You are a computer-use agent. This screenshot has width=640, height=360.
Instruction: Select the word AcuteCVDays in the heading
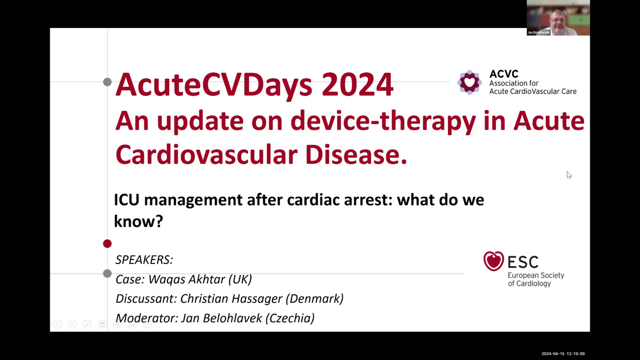[x=214, y=85]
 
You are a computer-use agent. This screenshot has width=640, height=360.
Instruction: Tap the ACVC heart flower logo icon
[x=470, y=82]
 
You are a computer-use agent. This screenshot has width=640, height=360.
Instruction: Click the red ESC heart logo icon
[x=494, y=261]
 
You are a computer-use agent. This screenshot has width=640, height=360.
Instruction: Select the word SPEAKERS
[x=144, y=260]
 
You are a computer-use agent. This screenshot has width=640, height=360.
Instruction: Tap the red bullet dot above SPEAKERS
[x=107, y=244]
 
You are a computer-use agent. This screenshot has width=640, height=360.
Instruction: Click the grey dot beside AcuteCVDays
[x=107, y=82]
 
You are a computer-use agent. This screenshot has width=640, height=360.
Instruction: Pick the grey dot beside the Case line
[x=107, y=274]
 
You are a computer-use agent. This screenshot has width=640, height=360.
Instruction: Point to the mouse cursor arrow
[x=569, y=174]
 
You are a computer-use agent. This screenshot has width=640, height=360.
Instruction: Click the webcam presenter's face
[x=556, y=19]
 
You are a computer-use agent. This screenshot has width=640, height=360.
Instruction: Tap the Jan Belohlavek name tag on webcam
[x=538, y=33]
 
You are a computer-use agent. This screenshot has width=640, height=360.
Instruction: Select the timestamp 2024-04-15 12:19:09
[x=563, y=354]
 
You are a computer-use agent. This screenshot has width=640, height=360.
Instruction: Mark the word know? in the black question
[x=138, y=221]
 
